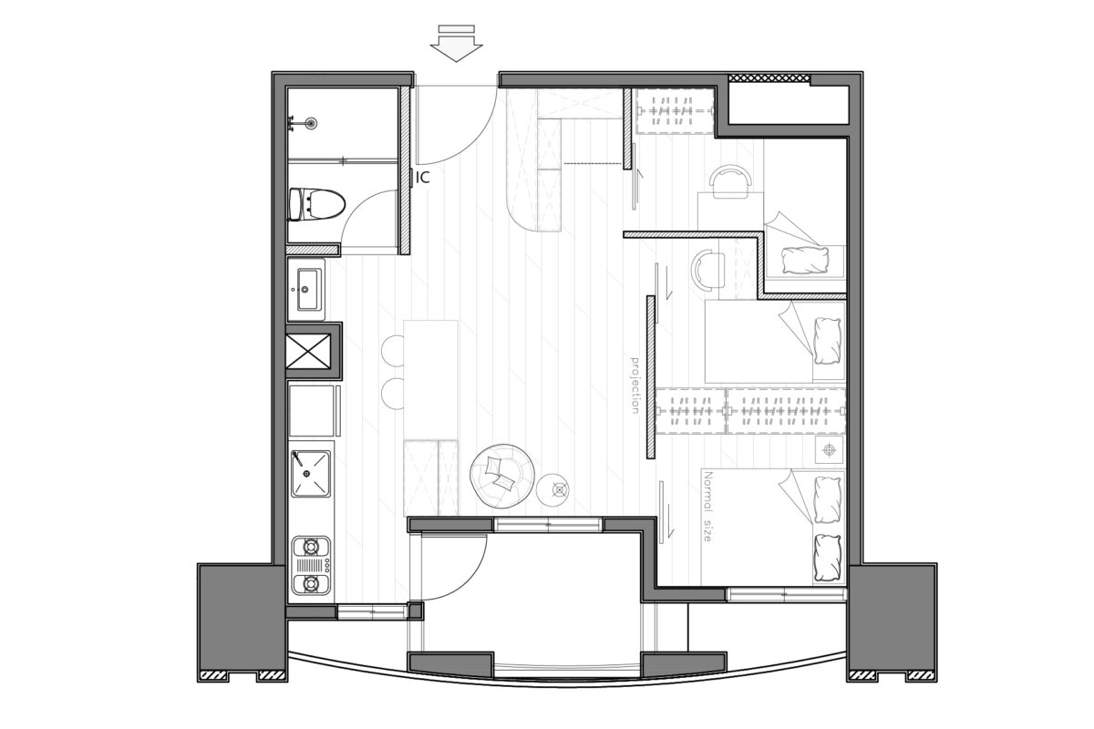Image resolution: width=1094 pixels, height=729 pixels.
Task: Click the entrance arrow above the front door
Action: coord(456,44)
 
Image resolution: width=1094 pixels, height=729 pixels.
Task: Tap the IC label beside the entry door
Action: coord(423,178)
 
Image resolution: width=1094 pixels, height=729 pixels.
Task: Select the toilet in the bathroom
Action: coord(317,204)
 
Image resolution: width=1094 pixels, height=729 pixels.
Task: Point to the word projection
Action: coord(635,385)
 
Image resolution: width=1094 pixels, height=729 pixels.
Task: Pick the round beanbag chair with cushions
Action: coord(502,476)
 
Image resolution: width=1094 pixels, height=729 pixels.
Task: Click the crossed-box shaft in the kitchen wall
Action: coord(309,351)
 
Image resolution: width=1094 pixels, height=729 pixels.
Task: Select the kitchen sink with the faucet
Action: coord(311,474)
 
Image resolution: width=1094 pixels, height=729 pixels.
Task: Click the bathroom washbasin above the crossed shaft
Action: coord(306,290)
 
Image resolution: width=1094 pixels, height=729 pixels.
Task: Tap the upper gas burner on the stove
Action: coord(311,547)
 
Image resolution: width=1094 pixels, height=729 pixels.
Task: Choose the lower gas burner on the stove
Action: coord(311,583)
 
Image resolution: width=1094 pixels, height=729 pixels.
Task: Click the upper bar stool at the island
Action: coord(393,351)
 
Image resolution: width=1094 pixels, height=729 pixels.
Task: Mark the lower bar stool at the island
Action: coord(393,393)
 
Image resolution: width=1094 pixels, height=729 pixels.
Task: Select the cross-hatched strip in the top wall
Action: coord(769,77)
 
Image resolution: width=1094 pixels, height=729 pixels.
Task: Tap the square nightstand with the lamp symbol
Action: coord(829,450)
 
